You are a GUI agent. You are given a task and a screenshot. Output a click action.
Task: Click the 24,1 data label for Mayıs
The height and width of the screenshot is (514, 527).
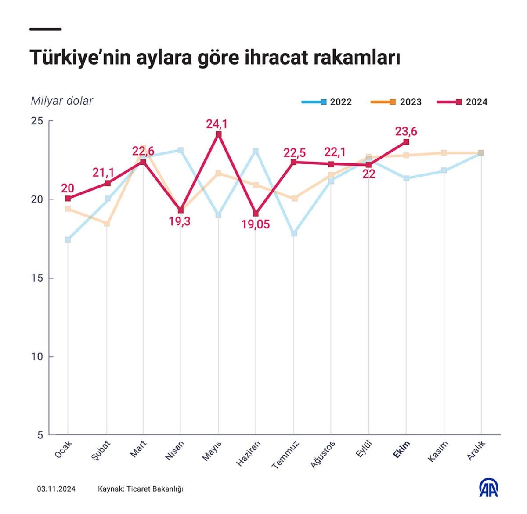(217, 124)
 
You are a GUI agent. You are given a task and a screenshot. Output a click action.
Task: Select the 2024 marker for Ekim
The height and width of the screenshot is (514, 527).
(406, 142)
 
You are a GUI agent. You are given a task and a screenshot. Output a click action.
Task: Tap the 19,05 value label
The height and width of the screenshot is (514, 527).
(256, 224)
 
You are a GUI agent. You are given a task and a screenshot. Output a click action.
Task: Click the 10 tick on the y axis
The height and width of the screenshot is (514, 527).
(37, 357)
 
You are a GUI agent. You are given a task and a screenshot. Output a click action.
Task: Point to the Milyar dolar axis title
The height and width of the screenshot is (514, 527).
(62, 101)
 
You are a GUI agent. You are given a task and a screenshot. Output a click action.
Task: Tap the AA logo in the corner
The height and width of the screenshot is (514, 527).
(488, 488)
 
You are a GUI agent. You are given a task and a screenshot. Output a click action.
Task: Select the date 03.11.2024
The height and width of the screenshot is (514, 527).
(56, 489)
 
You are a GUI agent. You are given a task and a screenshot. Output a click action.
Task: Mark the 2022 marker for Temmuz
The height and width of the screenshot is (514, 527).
(294, 233)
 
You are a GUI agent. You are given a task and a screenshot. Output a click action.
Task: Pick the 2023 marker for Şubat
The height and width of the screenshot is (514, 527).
(107, 224)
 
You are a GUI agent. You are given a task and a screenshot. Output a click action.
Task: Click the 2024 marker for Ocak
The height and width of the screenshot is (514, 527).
(68, 199)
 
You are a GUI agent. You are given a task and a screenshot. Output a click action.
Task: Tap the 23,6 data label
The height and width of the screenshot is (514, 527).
(406, 131)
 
